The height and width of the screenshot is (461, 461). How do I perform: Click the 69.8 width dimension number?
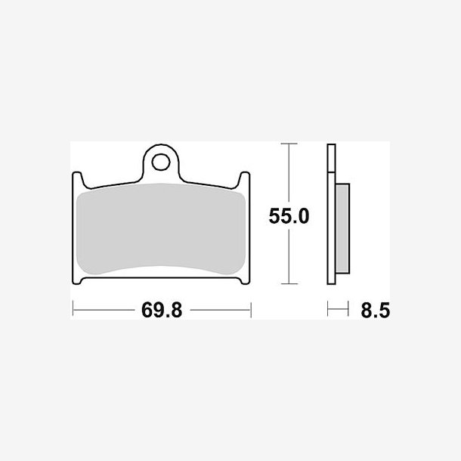[162, 310]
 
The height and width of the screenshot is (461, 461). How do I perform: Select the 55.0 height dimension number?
[289, 216]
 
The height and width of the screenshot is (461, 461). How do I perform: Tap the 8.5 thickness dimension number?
[376, 310]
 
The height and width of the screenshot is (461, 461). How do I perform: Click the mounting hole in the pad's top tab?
[161, 162]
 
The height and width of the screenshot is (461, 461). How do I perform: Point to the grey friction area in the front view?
[161, 229]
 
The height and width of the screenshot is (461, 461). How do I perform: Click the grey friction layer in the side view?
[342, 228]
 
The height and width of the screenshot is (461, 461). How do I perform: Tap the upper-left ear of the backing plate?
[78, 180]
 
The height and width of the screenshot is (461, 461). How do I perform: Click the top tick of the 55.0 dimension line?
[289, 144]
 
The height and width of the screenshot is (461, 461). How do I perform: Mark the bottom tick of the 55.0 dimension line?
[289, 283]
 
